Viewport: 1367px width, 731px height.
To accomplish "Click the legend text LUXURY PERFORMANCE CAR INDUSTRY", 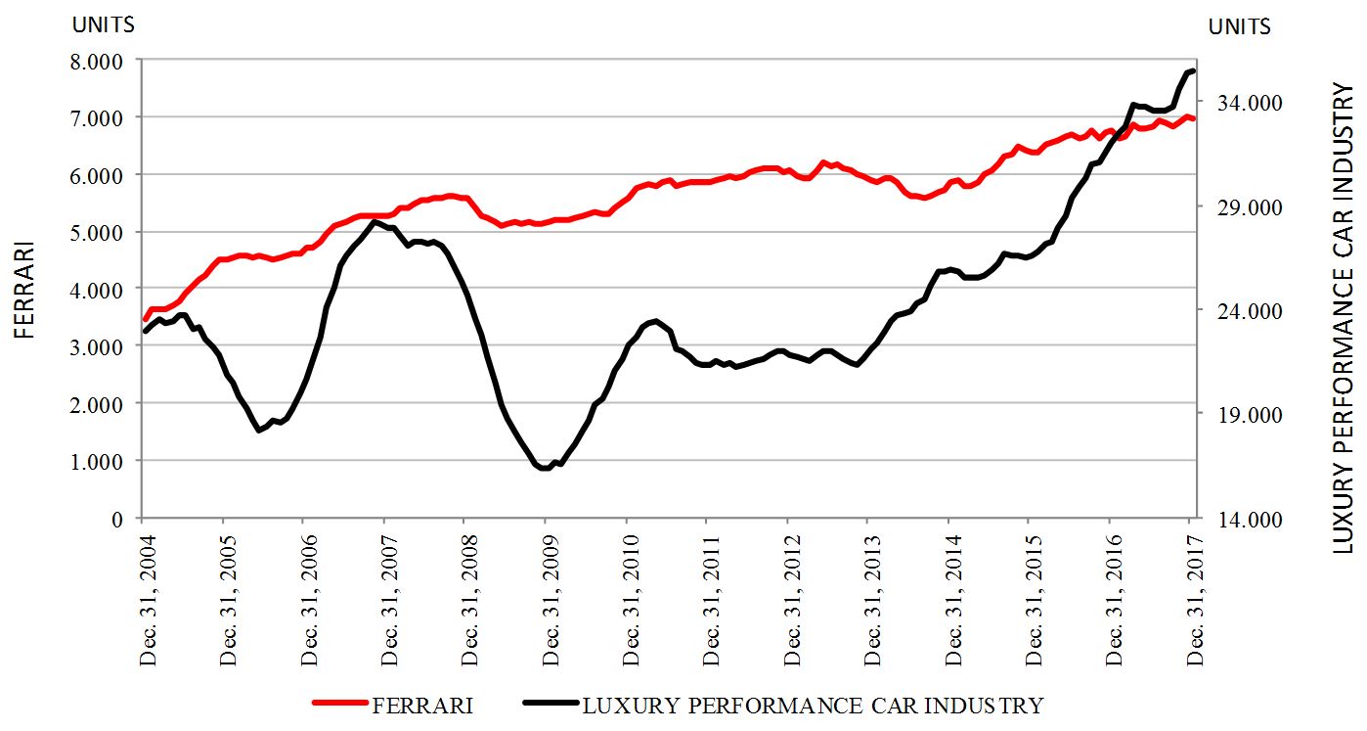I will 813,705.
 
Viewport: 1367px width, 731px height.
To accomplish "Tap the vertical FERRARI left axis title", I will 25,289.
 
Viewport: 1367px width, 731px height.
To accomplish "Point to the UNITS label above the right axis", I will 1240,26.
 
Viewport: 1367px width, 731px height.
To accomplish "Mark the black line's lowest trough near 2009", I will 545,469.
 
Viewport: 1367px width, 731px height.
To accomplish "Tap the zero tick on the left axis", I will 118,519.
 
